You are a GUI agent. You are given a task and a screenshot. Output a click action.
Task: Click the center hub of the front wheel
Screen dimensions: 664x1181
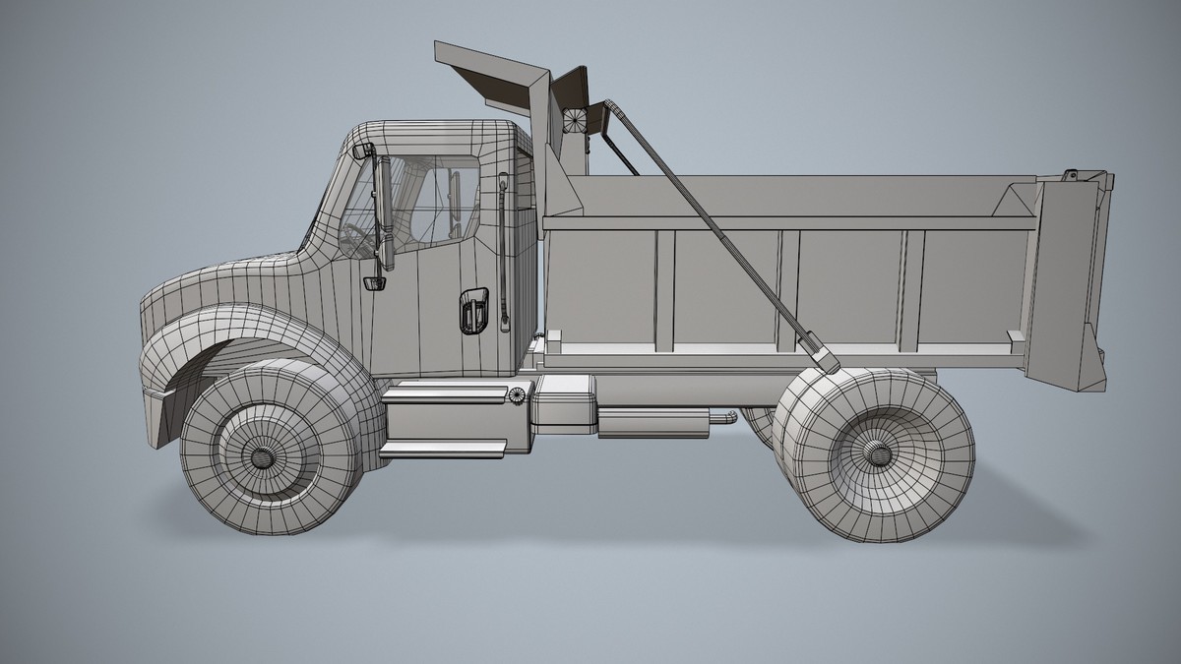[265, 457]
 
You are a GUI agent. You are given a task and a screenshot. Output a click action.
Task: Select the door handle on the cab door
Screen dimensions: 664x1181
[471, 311]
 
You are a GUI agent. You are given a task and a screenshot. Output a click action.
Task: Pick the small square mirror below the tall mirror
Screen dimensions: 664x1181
[374, 283]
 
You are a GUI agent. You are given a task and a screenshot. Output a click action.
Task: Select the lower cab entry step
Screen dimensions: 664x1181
[443, 449]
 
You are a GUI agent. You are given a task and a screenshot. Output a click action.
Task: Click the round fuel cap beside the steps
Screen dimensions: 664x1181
[517, 395]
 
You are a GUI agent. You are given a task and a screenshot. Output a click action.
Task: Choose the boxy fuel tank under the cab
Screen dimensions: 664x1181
[565, 403]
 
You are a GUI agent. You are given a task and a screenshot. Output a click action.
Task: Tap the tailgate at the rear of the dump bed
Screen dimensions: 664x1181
[1068, 280]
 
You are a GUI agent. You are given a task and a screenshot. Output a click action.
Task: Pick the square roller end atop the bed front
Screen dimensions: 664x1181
[575, 119]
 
